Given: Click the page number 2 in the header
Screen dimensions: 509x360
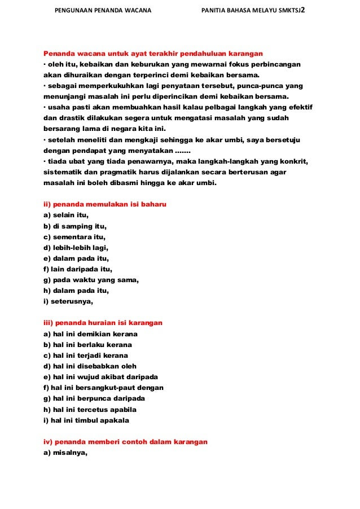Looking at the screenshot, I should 303,10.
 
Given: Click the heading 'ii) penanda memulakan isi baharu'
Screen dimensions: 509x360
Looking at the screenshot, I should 105,204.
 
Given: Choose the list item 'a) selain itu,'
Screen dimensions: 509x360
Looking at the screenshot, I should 67,216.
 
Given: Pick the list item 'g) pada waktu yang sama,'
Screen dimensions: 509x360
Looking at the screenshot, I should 91,280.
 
